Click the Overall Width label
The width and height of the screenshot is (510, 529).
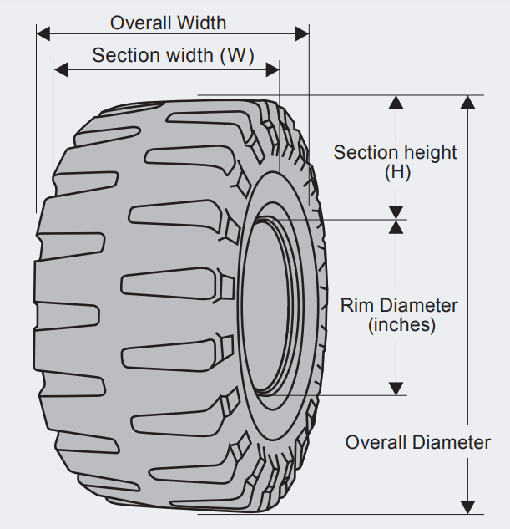click(x=168, y=23)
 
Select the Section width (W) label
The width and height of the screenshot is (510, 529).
click(x=173, y=55)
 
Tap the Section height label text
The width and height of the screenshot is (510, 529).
click(x=395, y=153)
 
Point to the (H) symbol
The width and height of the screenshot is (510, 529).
click(x=397, y=173)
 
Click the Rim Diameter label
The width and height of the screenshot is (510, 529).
click(x=399, y=306)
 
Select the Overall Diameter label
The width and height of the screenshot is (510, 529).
click(x=418, y=443)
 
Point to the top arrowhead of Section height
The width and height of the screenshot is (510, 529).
click(x=396, y=103)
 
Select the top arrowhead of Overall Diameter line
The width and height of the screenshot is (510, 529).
click(x=468, y=103)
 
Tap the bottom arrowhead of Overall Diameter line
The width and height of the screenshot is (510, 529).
click(x=468, y=506)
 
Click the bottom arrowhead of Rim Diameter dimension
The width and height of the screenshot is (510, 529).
click(x=396, y=388)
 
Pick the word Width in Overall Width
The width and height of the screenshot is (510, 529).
click(x=200, y=23)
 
